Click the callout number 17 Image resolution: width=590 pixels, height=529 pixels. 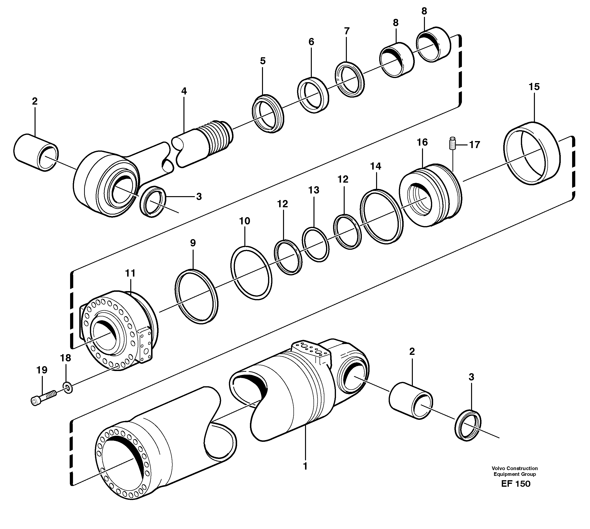[474, 145]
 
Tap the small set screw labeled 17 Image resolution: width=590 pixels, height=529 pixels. [452, 143]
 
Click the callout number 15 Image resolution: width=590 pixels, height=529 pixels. [534, 87]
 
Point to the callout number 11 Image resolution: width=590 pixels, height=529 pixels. [130, 273]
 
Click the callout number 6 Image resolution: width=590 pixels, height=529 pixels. [311, 42]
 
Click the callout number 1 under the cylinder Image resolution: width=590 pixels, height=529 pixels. [305, 466]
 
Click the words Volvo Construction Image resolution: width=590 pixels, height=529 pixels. [514, 468]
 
